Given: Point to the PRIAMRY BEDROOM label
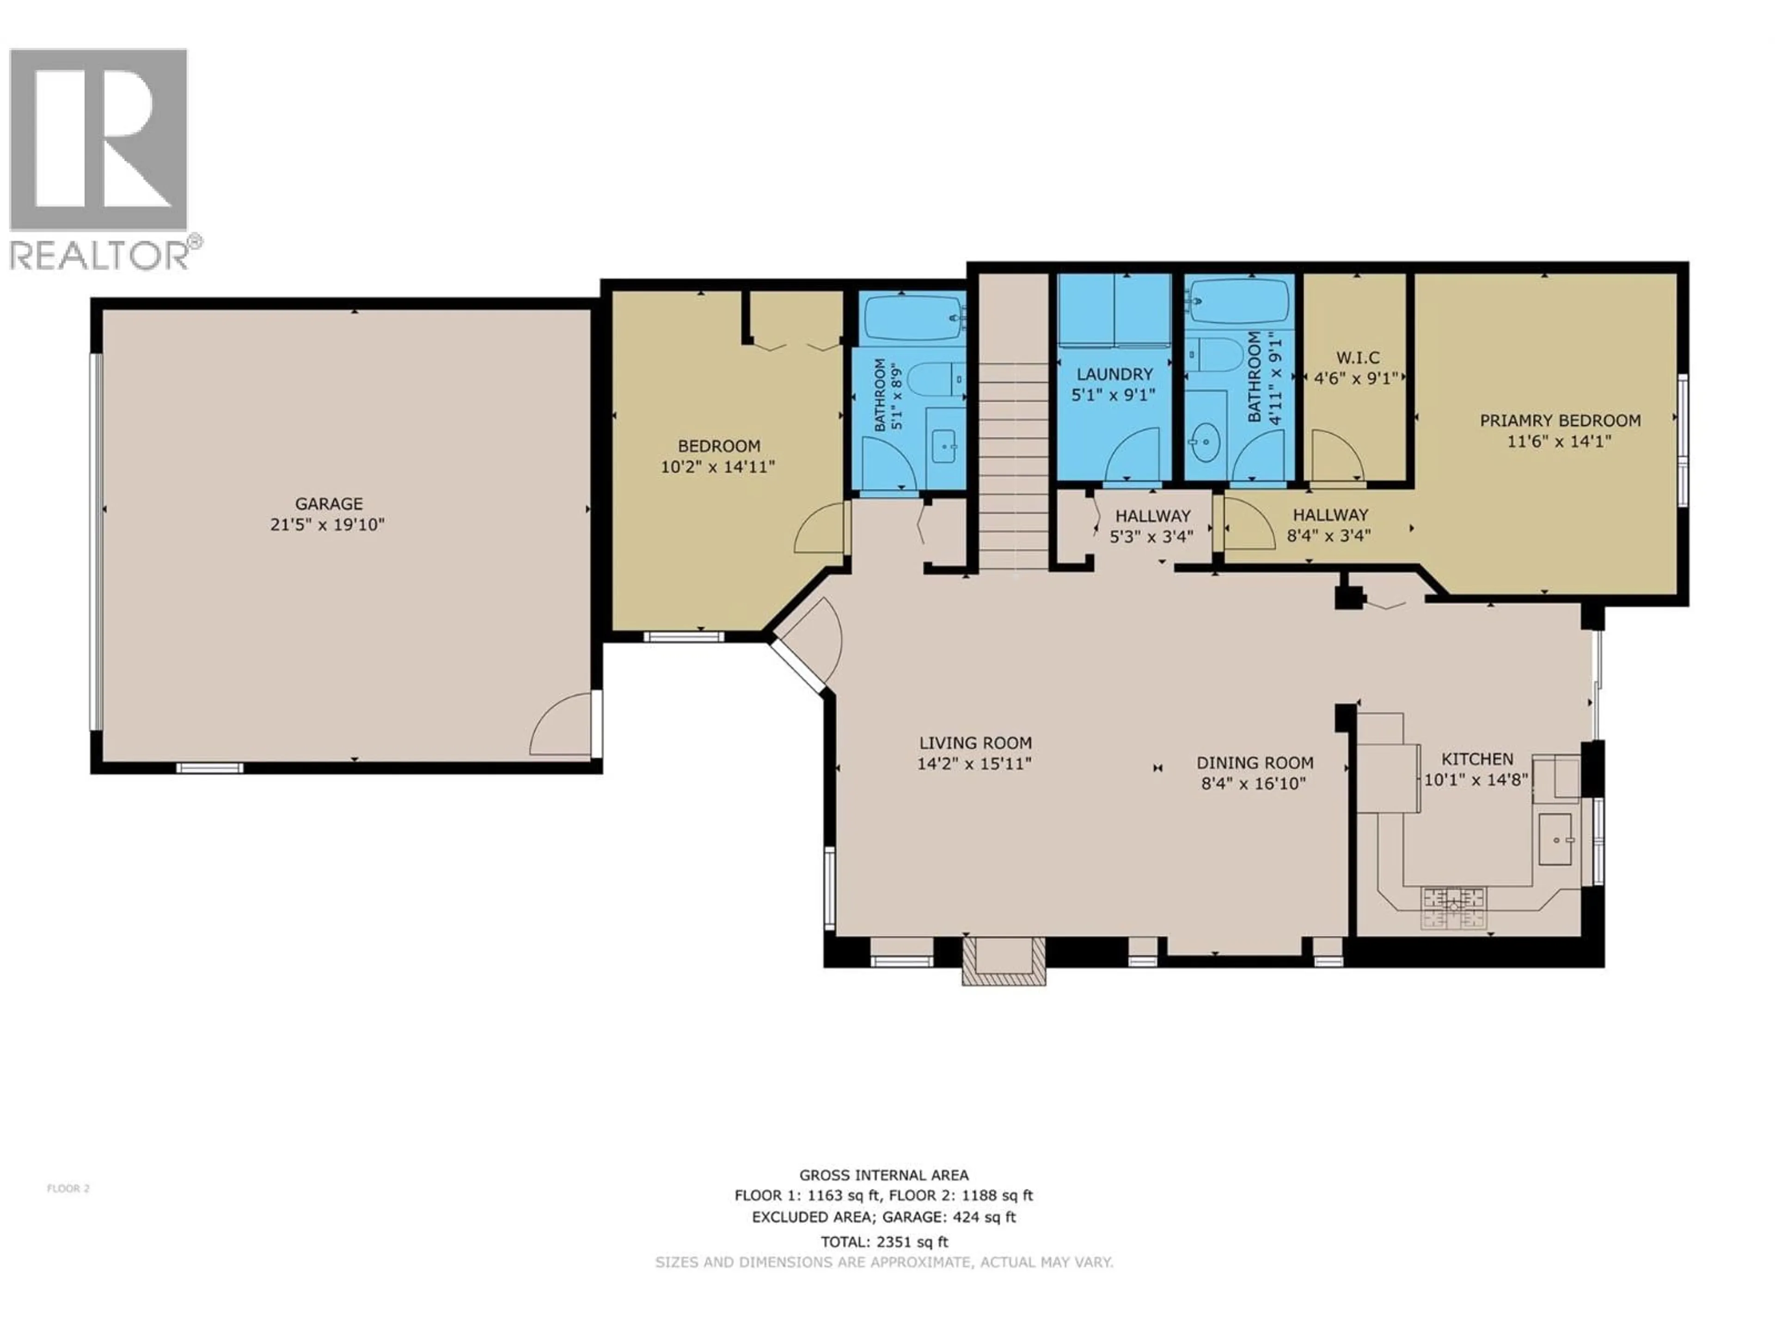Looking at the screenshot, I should (1560, 421).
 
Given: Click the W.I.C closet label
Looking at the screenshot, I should (1358, 358).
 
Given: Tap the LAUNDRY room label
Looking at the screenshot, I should (1114, 374).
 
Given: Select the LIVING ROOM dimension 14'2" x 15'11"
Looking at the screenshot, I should (974, 764).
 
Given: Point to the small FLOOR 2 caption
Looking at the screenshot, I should (68, 1188).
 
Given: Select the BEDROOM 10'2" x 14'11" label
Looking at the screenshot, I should (718, 446).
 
